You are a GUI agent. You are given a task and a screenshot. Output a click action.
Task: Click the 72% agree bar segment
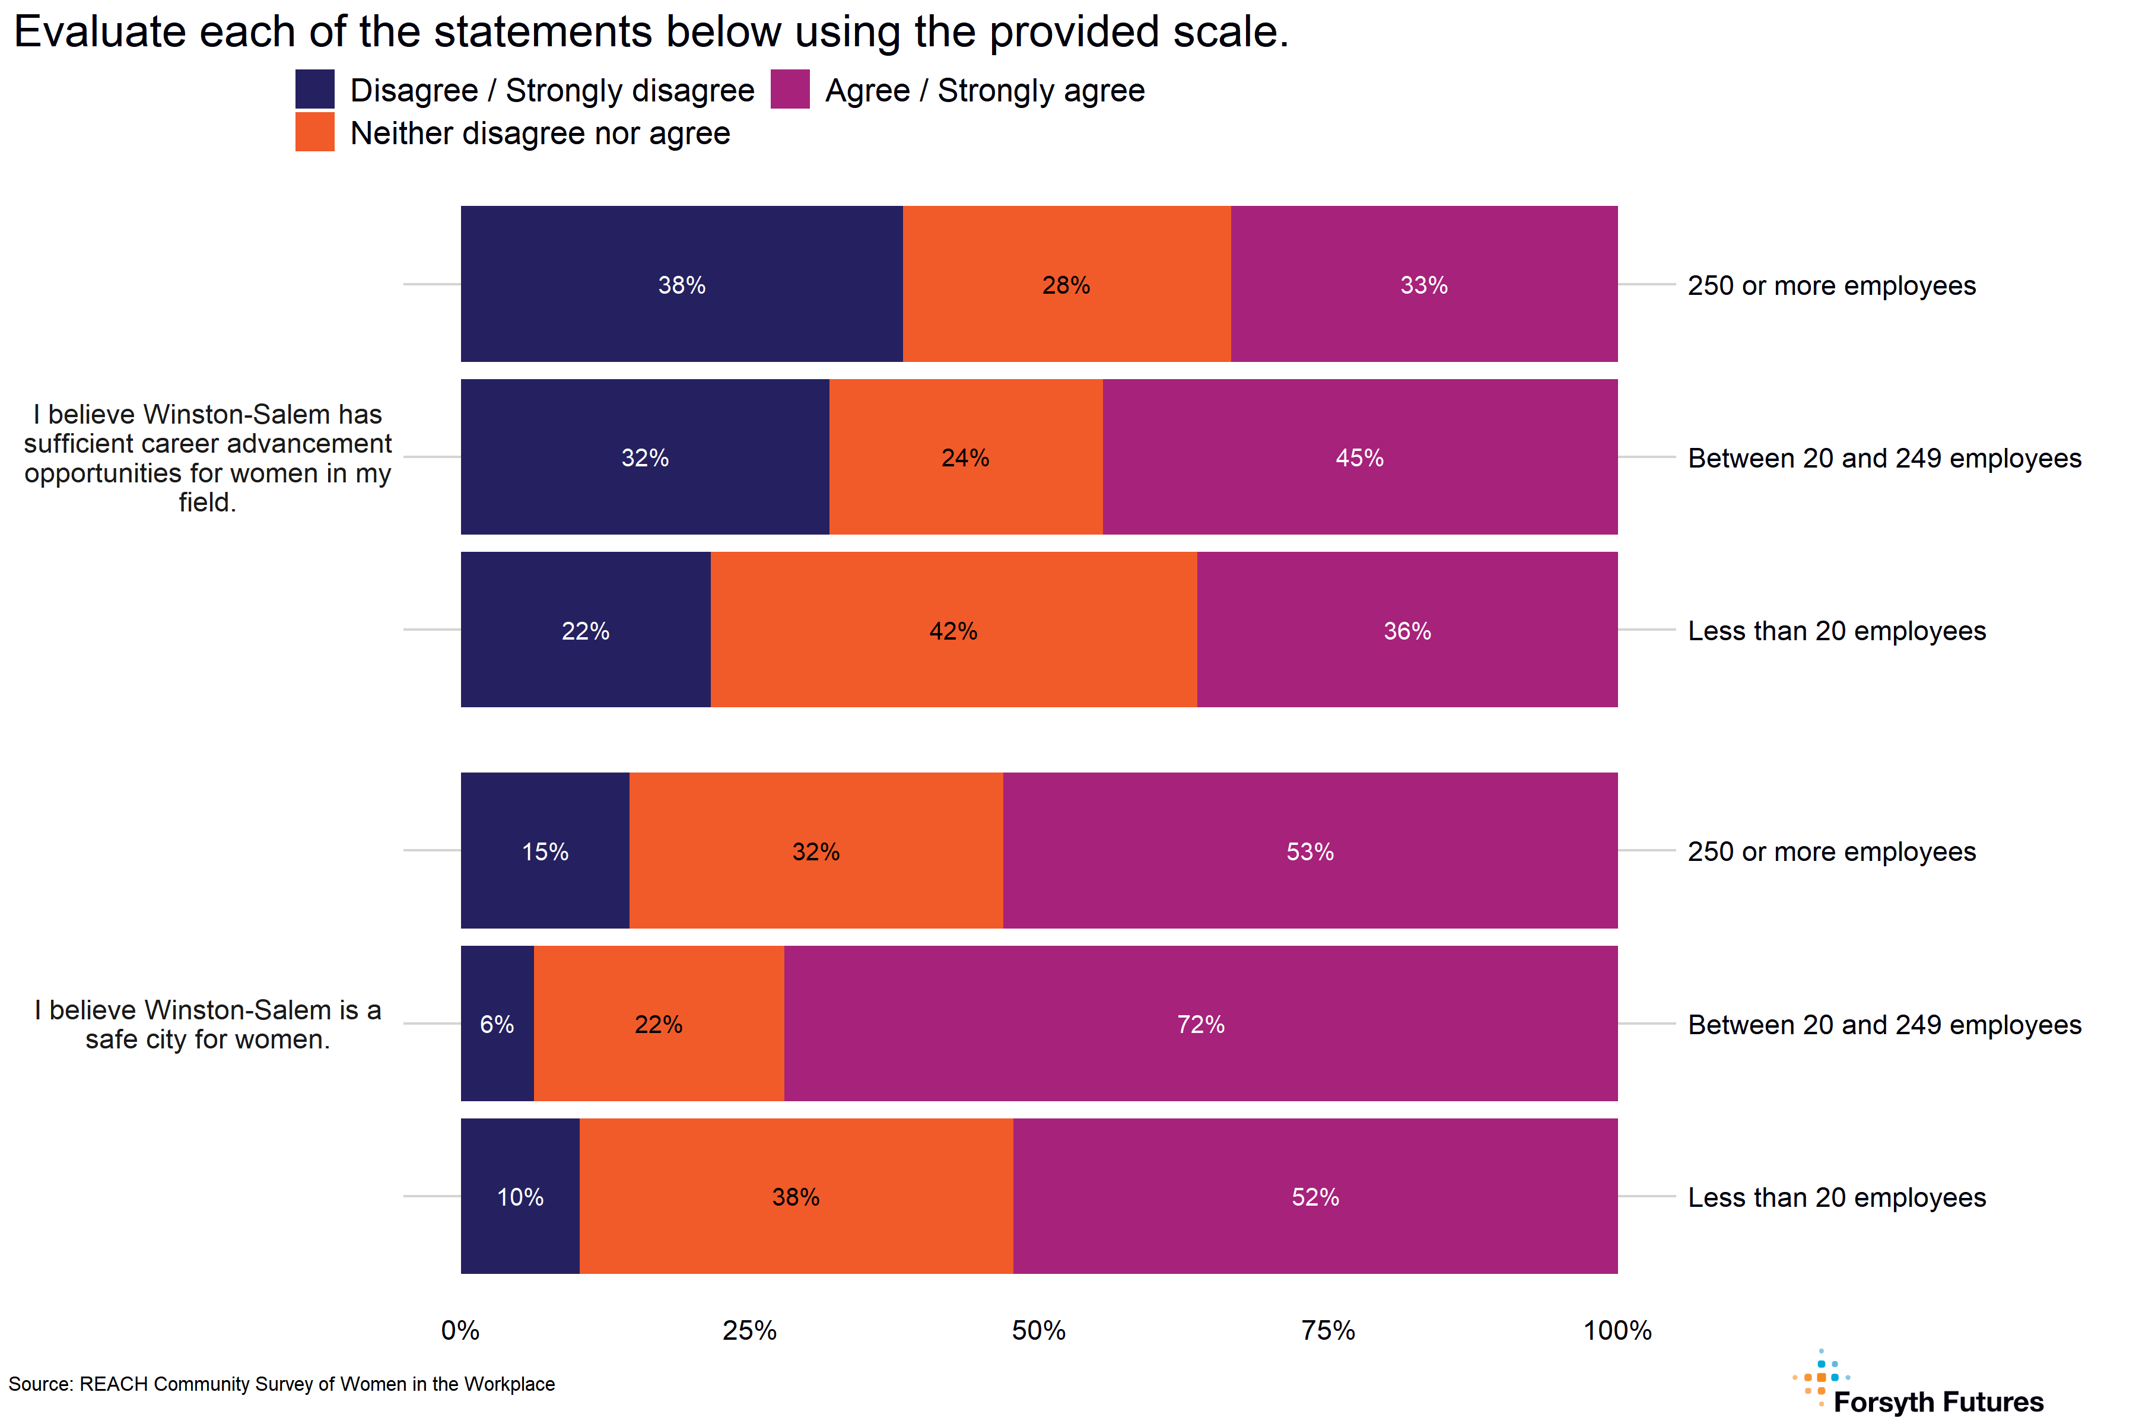(1200, 1024)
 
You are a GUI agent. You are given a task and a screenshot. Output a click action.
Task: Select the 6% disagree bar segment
(497, 1024)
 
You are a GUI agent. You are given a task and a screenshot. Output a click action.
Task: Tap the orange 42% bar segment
(953, 630)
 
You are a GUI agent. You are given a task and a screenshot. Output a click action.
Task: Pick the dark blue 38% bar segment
(681, 284)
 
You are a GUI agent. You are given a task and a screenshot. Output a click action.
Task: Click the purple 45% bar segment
(1359, 457)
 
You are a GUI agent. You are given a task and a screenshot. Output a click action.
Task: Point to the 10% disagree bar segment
(520, 1196)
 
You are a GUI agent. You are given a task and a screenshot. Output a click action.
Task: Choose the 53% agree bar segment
(1309, 851)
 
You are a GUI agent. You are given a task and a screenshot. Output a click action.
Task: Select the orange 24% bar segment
(965, 457)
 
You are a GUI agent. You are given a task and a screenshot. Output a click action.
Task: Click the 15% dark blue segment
(545, 851)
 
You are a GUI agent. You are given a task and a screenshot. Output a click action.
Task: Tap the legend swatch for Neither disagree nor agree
(314, 132)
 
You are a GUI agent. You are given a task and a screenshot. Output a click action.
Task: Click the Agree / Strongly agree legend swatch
(789, 90)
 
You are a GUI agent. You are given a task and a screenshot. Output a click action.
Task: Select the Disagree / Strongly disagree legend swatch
(314, 90)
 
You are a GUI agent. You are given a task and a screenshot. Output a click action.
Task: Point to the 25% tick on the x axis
(749, 1330)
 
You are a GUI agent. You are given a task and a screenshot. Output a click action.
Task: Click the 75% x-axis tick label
(1328, 1330)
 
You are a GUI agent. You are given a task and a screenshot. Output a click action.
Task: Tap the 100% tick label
(1616, 1330)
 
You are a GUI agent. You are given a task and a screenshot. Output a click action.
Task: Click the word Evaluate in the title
(100, 33)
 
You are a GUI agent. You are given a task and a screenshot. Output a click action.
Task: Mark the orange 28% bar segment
(1066, 284)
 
